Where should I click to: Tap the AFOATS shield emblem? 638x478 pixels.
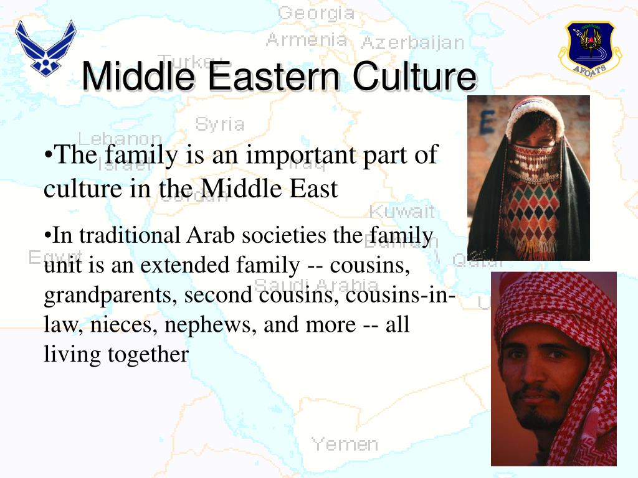(589, 49)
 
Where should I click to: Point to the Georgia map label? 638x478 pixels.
(316, 13)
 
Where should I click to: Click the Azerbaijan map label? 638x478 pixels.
(412, 43)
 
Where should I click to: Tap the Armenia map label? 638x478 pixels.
(307, 40)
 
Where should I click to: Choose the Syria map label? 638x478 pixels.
(219, 124)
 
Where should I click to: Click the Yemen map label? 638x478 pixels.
(345, 444)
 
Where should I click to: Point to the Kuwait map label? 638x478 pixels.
(402, 211)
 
